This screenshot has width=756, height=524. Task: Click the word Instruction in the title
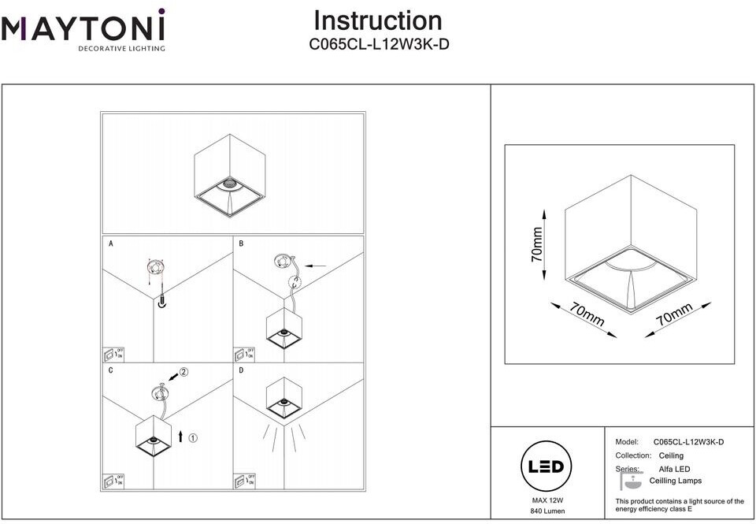[x=377, y=20]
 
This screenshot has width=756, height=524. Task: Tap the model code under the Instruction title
[x=379, y=45]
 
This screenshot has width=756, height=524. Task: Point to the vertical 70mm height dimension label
[x=537, y=244]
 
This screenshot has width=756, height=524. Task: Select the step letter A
[x=110, y=244]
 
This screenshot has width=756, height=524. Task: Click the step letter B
[x=241, y=244]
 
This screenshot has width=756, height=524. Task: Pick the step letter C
[x=110, y=370]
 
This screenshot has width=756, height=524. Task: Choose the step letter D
[x=241, y=370]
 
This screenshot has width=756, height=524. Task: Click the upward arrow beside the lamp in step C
[x=180, y=435]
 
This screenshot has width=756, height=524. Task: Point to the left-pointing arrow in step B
[x=315, y=266]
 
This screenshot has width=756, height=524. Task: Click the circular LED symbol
[x=545, y=466]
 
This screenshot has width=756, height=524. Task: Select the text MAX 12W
[x=545, y=500]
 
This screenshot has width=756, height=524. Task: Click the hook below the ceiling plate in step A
[x=161, y=302]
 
